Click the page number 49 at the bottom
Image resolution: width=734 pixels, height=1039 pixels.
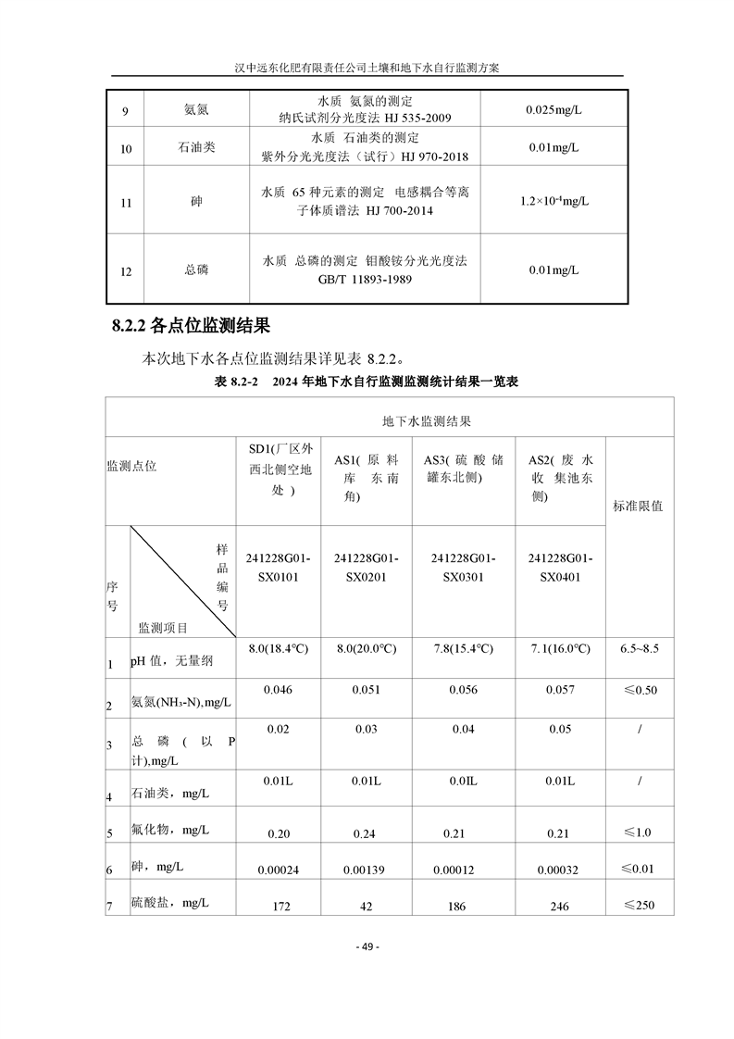367,946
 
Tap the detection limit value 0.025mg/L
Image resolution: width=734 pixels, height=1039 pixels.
554,109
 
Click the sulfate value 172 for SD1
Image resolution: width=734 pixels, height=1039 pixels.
280,906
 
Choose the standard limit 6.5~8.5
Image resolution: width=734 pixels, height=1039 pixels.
639,648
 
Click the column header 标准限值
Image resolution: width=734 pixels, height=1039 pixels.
638,507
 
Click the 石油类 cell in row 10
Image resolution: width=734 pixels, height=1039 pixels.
195,147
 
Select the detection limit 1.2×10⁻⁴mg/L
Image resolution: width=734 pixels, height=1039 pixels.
554,200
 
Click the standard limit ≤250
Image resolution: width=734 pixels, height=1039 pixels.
638,905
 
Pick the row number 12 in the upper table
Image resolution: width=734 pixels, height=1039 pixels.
126,271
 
